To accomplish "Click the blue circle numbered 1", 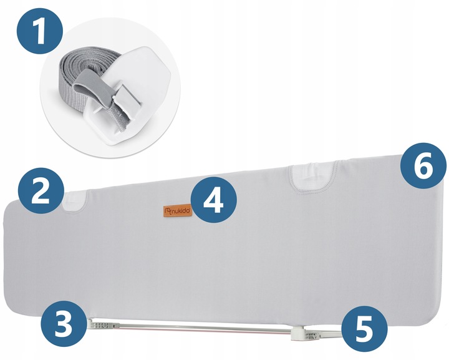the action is [x=40, y=31].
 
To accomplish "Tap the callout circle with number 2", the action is [x=41, y=191].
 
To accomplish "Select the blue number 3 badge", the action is [x=64, y=324].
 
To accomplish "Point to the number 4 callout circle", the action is [x=214, y=200].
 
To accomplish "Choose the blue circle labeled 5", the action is [x=364, y=329].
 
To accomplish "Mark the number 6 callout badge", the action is [x=423, y=166].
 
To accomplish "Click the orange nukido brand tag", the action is [x=178, y=212].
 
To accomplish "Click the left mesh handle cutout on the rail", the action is [x=74, y=202].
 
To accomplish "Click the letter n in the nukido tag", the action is [x=173, y=212].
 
